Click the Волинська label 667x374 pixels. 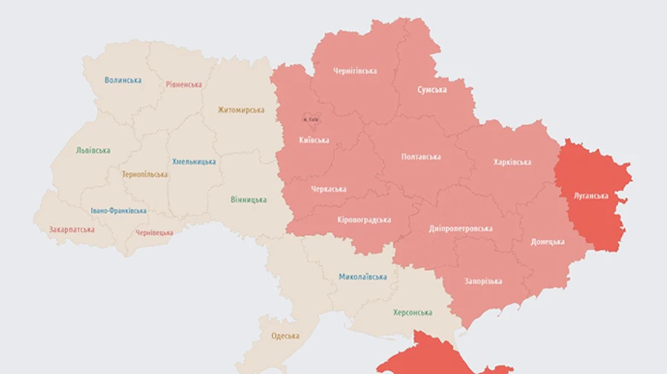click(x=123, y=80)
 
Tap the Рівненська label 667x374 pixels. click(x=183, y=84)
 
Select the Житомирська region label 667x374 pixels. click(x=241, y=110)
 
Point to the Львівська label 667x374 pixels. click(x=93, y=150)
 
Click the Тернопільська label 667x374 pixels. click(x=145, y=175)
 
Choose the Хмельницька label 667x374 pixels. click(x=194, y=161)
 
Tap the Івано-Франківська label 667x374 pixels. click(x=119, y=210)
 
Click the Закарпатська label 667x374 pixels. click(x=71, y=230)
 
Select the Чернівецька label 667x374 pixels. click(x=154, y=233)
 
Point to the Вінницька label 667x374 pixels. click(x=248, y=200)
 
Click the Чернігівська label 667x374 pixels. click(x=354, y=71)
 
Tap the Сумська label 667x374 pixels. click(x=431, y=90)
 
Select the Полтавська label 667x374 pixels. click(x=420, y=156)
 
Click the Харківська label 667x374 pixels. click(x=512, y=162)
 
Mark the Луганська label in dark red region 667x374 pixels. click(x=591, y=196)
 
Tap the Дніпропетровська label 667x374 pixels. click(x=460, y=228)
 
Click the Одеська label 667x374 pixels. click(x=285, y=335)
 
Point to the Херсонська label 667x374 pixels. click(x=413, y=313)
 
